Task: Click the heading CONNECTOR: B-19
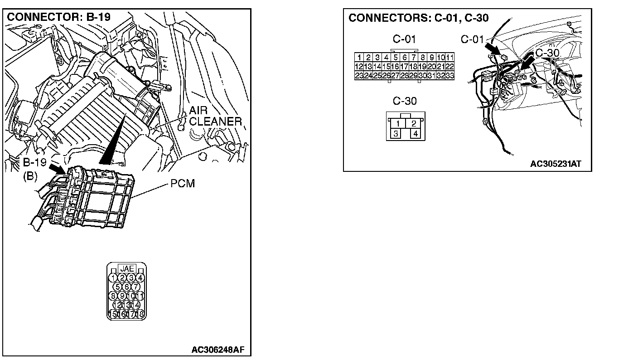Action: coord(59,17)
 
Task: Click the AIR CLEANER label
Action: coord(215,116)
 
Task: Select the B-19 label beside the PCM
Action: coord(35,162)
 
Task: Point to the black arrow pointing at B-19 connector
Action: coord(57,170)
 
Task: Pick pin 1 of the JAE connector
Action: coord(113,277)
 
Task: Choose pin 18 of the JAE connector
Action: coord(140,314)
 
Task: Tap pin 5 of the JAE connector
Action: coord(118,287)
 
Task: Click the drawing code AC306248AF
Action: coord(218,350)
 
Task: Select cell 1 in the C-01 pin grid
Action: coord(359,57)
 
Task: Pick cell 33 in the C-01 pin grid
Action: coord(449,76)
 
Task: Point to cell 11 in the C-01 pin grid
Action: coord(449,57)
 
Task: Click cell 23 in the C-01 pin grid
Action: coord(359,76)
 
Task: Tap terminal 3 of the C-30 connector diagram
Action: coord(396,134)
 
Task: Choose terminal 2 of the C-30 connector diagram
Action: coord(414,123)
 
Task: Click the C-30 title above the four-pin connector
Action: coord(405,101)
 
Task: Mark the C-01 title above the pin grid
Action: coord(404,39)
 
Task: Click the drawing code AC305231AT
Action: coord(555,164)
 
